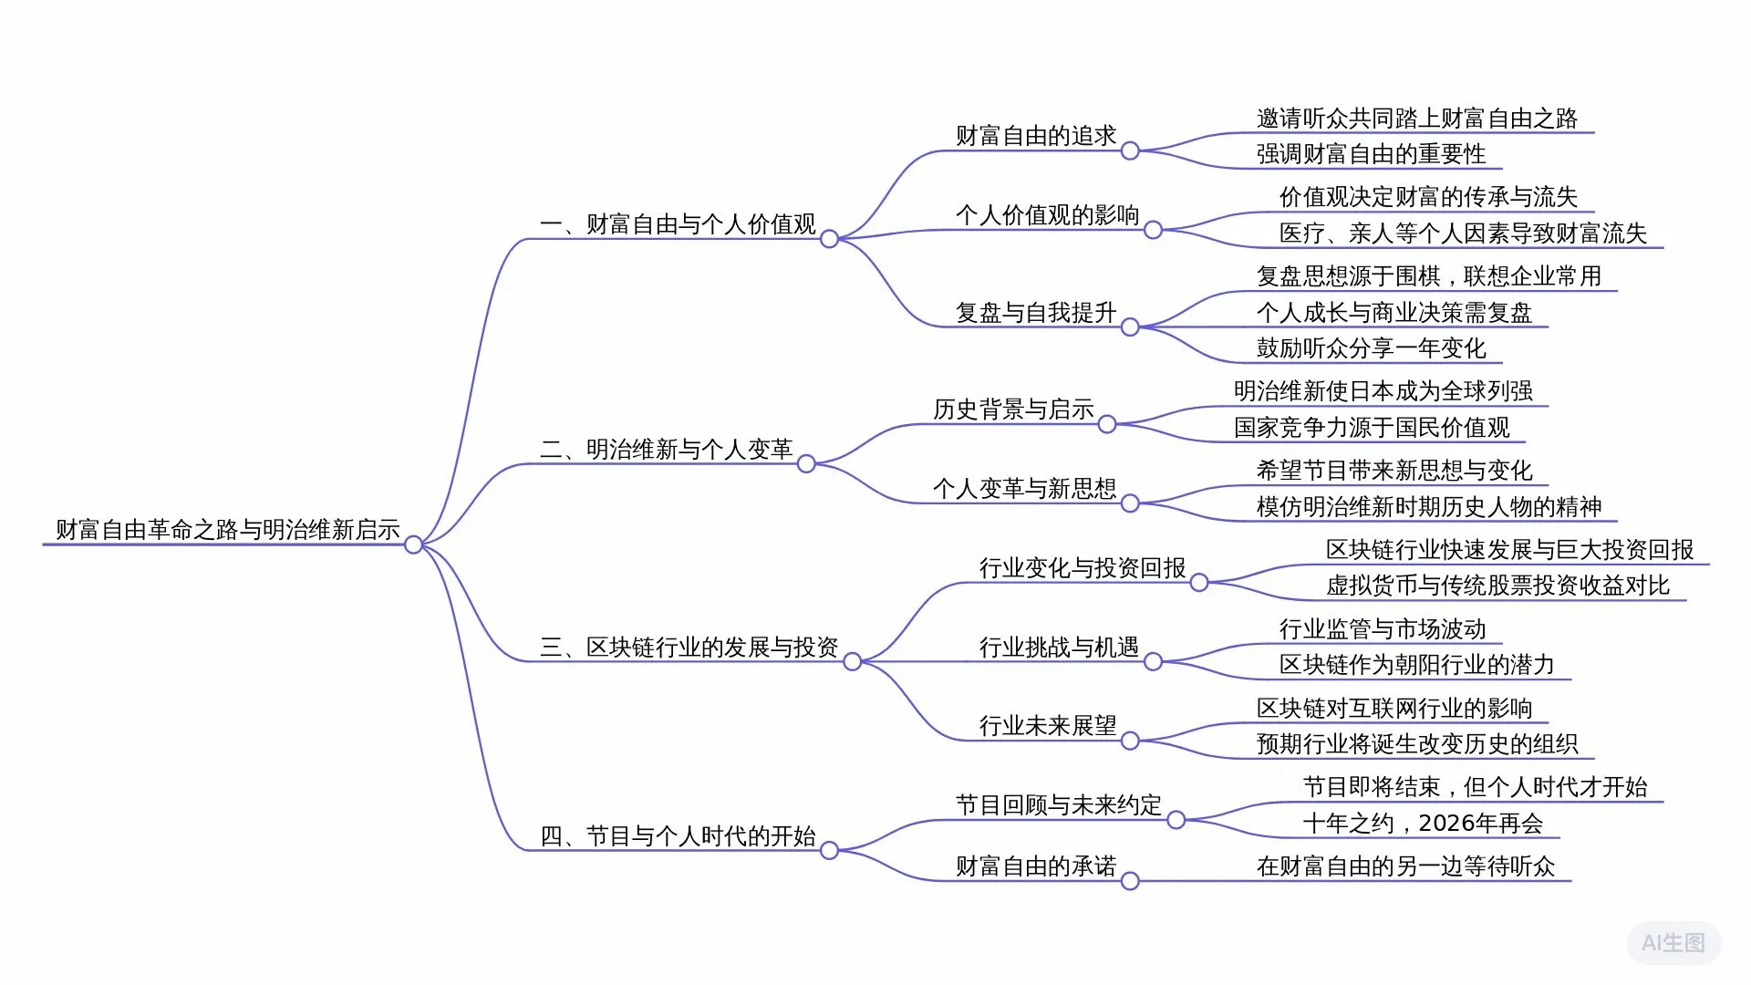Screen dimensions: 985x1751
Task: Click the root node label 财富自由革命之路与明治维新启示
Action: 228,530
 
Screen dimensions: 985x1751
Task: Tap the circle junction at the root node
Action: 413,544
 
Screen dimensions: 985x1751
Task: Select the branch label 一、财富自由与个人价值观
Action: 678,224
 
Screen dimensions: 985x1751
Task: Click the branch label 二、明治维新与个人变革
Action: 666,450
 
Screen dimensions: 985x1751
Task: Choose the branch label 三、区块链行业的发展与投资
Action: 689,648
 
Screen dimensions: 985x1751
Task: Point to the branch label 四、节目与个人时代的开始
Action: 678,836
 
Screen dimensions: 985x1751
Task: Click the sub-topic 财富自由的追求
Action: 1036,136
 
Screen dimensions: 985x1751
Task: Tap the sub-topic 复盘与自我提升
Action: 1036,313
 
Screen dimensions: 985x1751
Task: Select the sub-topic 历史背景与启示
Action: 1013,410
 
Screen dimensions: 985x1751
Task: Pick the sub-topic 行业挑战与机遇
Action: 1059,648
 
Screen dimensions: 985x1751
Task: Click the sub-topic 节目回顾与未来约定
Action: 1059,805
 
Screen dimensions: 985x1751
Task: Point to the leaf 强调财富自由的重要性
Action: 1371,154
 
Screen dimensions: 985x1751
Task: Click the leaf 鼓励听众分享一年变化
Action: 1371,348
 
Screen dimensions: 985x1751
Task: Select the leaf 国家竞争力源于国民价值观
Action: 1372,428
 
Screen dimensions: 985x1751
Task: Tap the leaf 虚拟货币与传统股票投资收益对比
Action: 1497,586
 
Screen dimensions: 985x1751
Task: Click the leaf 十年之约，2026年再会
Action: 1423,824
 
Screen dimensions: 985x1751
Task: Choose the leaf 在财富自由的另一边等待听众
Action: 1405,866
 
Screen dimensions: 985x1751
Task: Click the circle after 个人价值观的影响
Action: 1153,230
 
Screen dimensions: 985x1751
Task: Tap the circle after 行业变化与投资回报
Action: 1199,583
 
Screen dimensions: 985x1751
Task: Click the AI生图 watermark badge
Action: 1673,943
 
